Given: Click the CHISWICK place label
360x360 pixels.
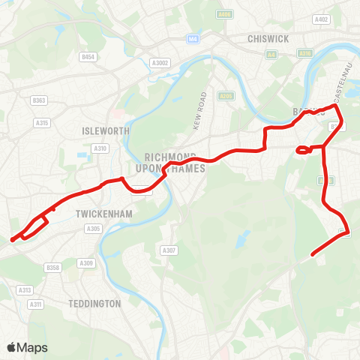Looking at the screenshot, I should click(262, 38).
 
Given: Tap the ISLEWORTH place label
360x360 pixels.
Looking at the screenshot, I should click(106, 130).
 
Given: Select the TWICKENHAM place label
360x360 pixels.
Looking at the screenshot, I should click(94, 213).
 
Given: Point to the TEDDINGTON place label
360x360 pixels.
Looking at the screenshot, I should click(94, 304).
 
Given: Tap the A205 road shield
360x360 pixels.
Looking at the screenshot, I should click(226, 96).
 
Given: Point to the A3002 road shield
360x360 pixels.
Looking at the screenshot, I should click(160, 63).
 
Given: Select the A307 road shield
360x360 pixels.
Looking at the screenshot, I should click(169, 250).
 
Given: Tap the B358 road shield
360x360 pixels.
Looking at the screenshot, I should click(52, 268).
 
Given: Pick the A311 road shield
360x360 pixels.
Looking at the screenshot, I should click(35, 304).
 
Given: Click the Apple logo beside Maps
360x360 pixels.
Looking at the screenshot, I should click(11, 347).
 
